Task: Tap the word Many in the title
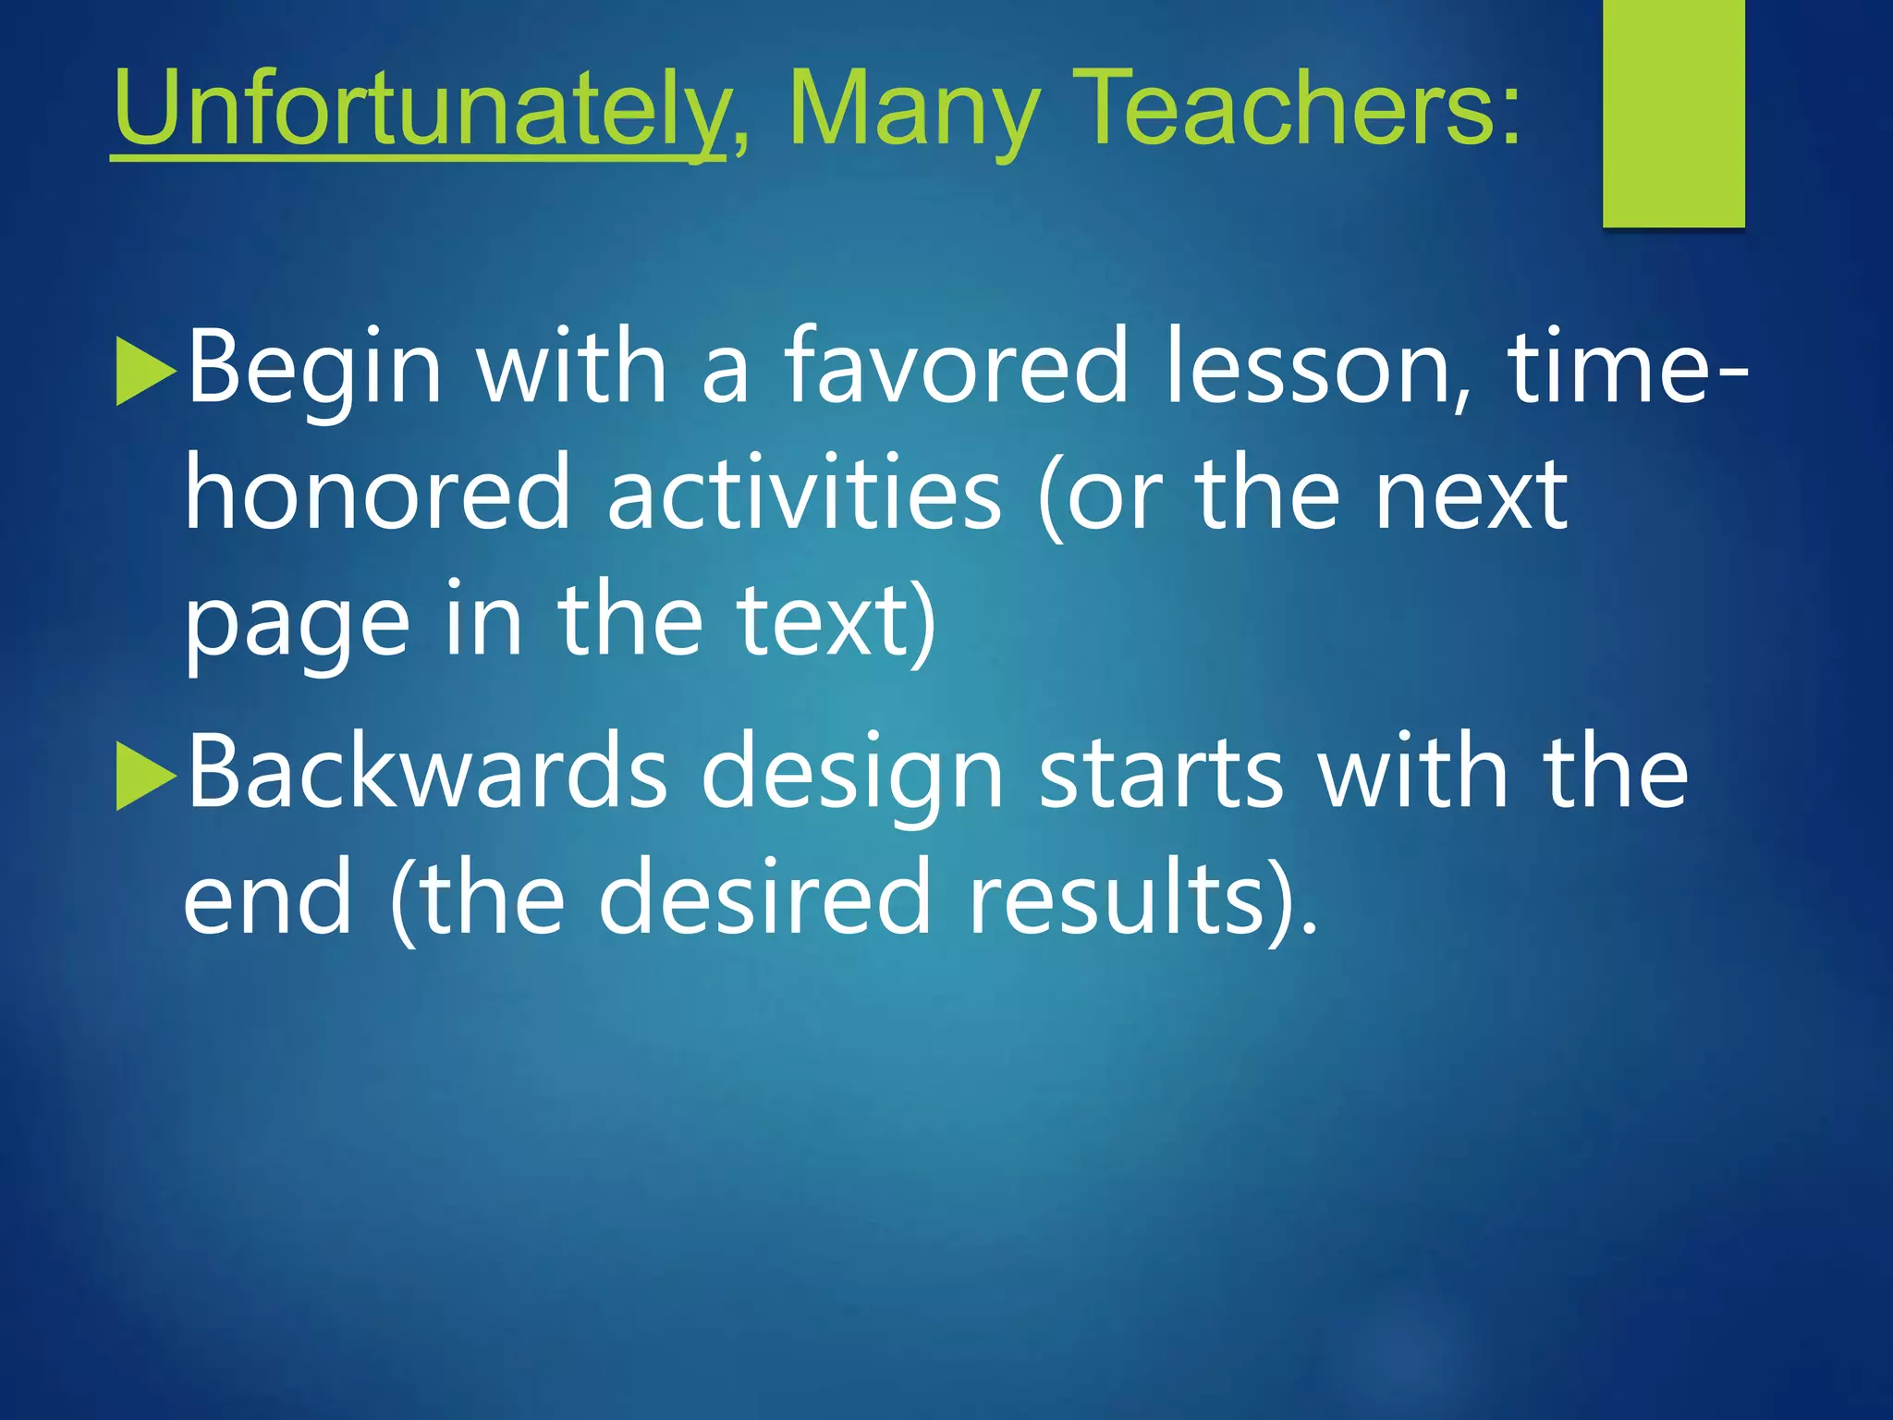coord(914,111)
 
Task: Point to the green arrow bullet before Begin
coord(145,372)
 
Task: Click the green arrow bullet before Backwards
coord(145,777)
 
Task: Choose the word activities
coord(804,495)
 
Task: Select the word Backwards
coord(426,772)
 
